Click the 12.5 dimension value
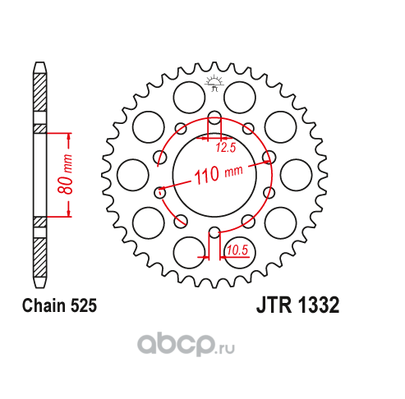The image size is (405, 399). [x=226, y=148]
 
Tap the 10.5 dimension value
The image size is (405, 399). [x=237, y=250]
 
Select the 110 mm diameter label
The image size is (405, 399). [x=219, y=174]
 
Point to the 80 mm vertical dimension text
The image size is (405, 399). [x=65, y=174]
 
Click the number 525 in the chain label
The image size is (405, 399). [x=84, y=305]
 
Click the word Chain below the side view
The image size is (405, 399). [x=44, y=305]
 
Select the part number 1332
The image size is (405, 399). [x=319, y=305]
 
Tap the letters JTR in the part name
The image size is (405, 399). [x=274, y=305]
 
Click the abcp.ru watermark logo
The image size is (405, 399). [x=186, y=345]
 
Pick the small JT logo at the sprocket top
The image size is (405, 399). [x=214, y=83]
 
